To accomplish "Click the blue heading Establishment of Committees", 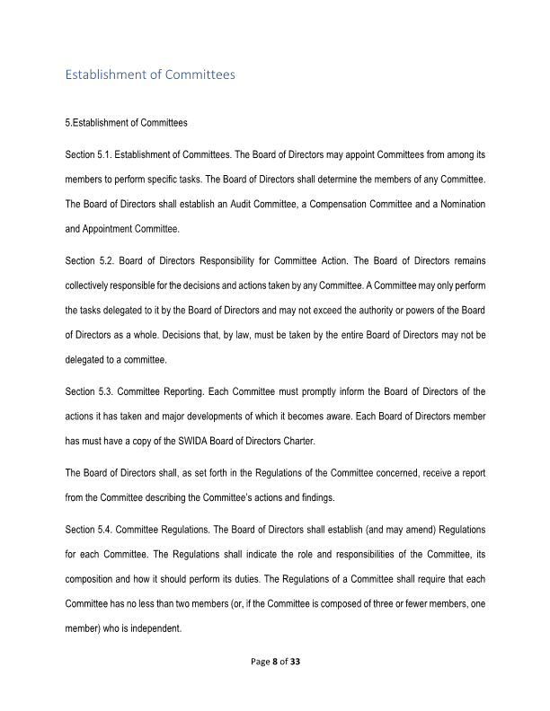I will tap(150, 75).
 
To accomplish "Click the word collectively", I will tap(93, 285).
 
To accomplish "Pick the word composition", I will tap(97, 578).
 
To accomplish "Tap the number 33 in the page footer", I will tap(294, 662).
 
